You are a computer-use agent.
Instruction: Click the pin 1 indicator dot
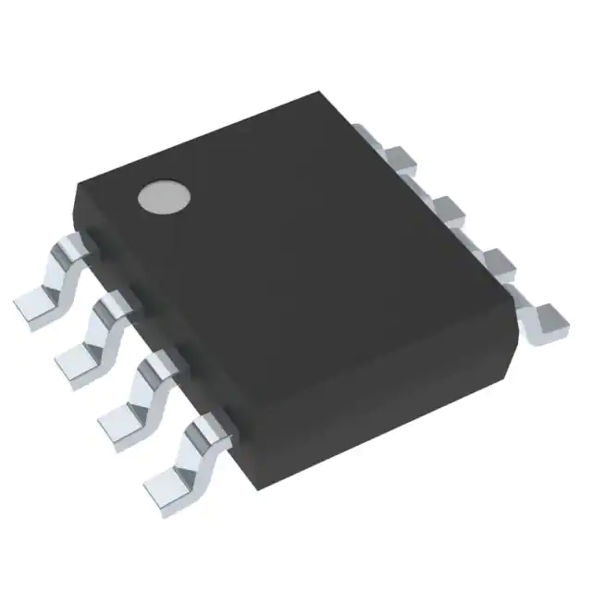point(164,195)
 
